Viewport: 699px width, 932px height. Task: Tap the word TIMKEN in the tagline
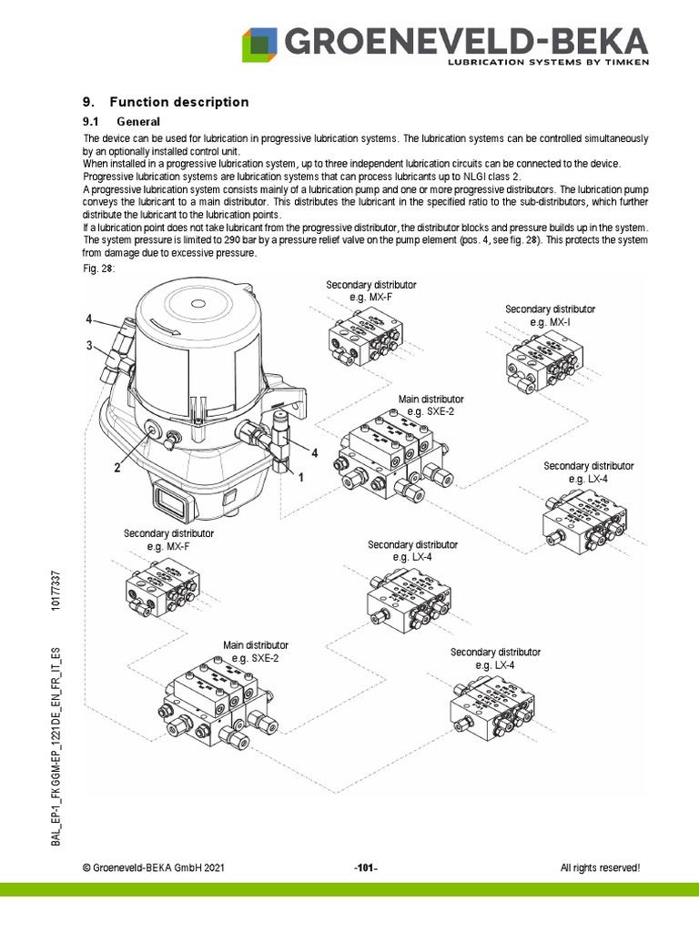tap(622, 64)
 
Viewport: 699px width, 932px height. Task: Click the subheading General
tap(138, 122)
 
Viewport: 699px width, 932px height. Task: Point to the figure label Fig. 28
tap(98, 269)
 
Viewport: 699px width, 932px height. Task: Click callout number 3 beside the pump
tap(89, 345)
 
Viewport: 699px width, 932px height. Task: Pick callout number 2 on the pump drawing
tap(117, 468)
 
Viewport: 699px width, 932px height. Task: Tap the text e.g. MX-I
tap(550, 322)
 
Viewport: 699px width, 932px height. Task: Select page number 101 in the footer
tap(365, 868)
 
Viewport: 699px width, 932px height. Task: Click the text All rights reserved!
tap(600, 868)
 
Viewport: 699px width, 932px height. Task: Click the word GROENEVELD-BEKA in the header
tap(466, 40)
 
